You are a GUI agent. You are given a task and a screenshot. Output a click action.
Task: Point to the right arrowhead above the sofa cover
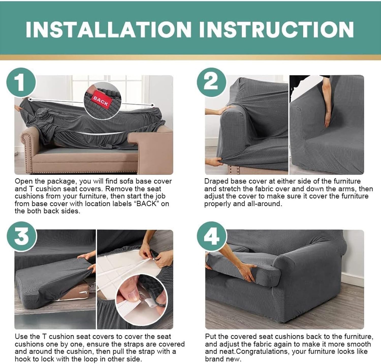pyautogui.click(x=153, y=105)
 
